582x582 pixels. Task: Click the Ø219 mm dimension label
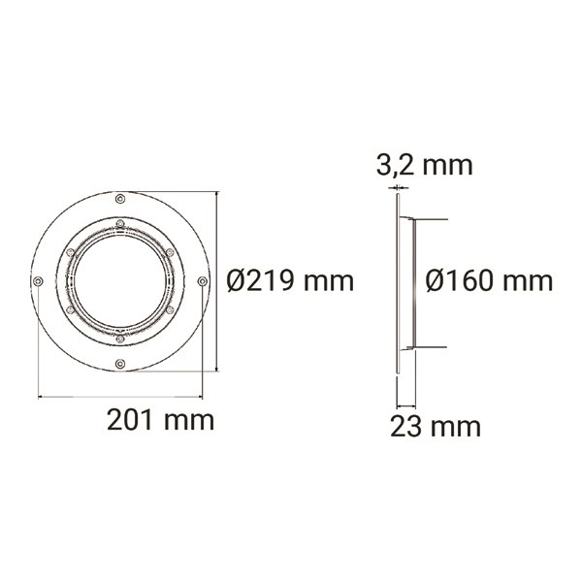[290, 281]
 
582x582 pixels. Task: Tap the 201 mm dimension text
[161, 420]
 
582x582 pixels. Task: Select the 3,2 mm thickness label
[425, 166]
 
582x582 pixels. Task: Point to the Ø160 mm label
[489, 281]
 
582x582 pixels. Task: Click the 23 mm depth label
[436, 427]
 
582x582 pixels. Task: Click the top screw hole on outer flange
[120, 199]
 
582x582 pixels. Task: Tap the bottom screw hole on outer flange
[120, 364]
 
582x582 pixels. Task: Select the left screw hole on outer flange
[38, 281]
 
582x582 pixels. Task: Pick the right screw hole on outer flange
[203, 281]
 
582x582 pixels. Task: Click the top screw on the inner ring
[120, 223]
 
